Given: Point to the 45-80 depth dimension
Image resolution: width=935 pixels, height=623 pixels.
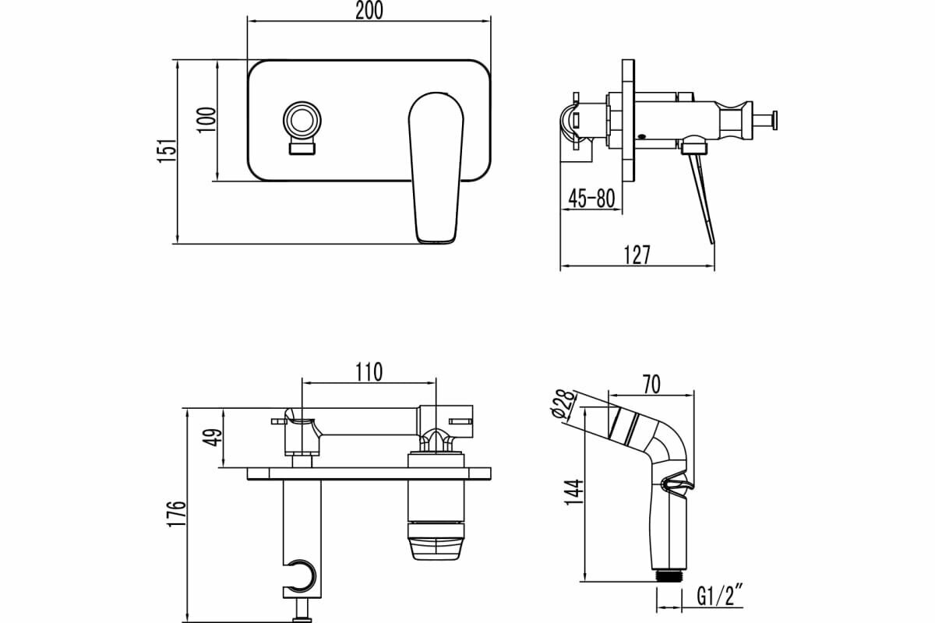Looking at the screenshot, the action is (591, 199).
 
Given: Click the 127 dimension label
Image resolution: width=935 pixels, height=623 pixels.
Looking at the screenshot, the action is (637, 255).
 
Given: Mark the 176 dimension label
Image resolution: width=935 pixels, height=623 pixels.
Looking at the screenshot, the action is (177, 514).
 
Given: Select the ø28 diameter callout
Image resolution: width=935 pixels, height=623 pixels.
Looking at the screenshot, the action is (563, 405).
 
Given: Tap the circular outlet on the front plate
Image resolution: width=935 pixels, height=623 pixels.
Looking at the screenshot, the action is (302, 121).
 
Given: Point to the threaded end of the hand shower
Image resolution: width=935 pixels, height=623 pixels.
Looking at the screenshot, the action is (669, 577).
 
